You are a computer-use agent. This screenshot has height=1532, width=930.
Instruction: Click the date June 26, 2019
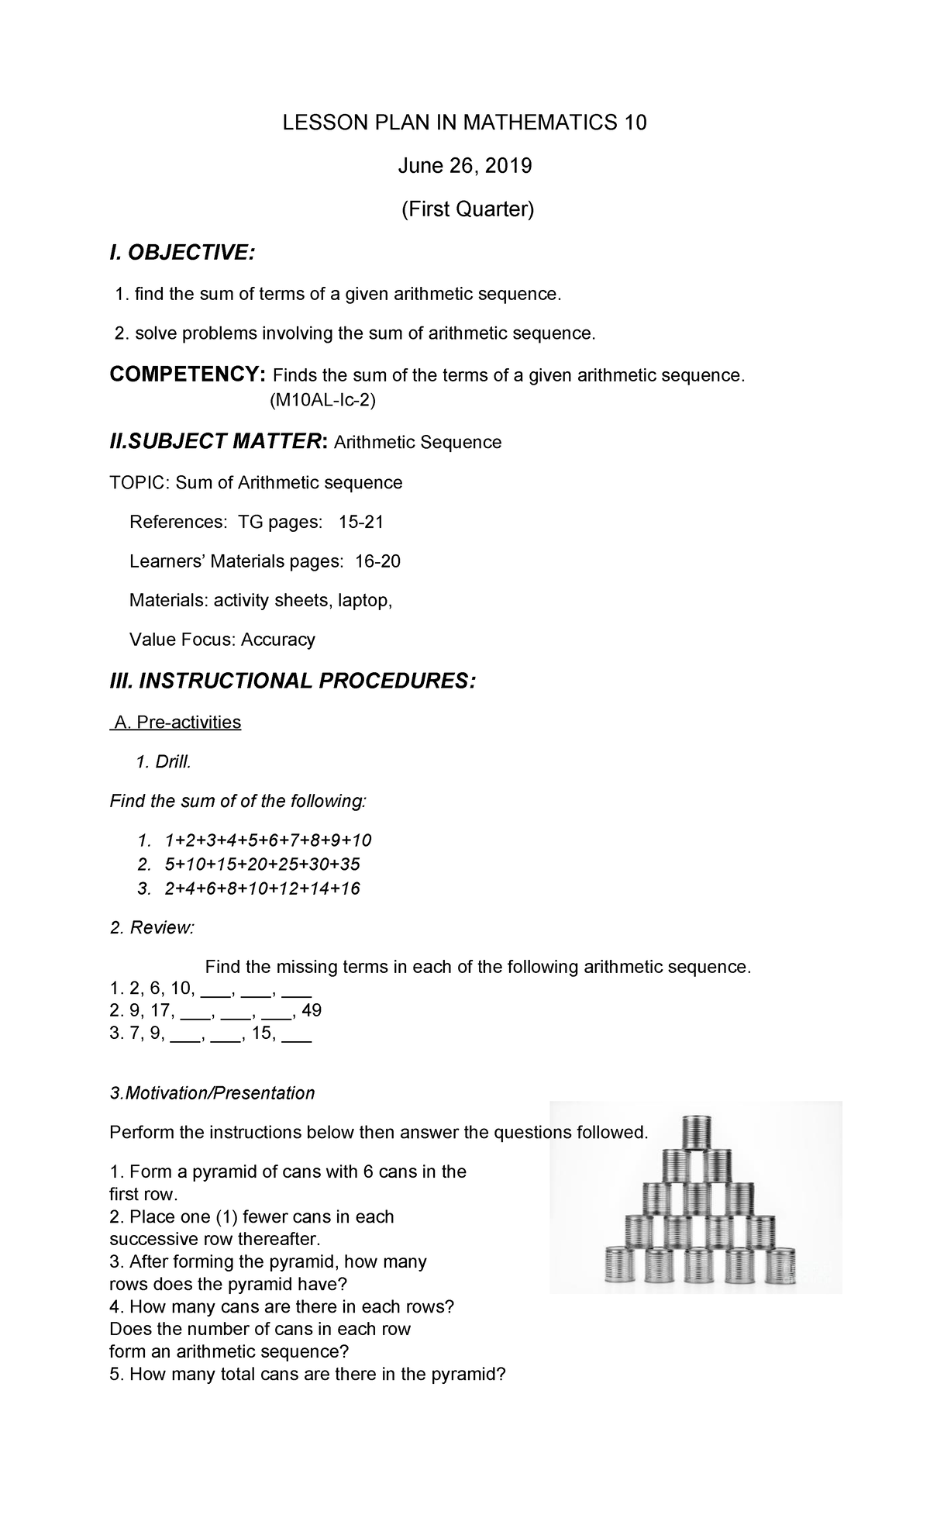point(464,166)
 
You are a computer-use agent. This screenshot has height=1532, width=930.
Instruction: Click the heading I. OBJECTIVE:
point(182,252)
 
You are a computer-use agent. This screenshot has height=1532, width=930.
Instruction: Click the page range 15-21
point(361,522)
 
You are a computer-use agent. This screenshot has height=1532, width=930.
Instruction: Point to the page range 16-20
point(377,561)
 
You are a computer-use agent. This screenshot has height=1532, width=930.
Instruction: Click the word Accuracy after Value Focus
point(277,640)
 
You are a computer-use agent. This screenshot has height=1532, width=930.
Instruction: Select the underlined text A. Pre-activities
point(177,722)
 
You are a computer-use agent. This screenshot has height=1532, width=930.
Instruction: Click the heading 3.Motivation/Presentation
point(212,1093)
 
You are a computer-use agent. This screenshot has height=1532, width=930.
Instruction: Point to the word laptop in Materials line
point(364,600)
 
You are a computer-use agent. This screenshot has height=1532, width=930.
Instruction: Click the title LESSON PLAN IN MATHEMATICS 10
point(464,122)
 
